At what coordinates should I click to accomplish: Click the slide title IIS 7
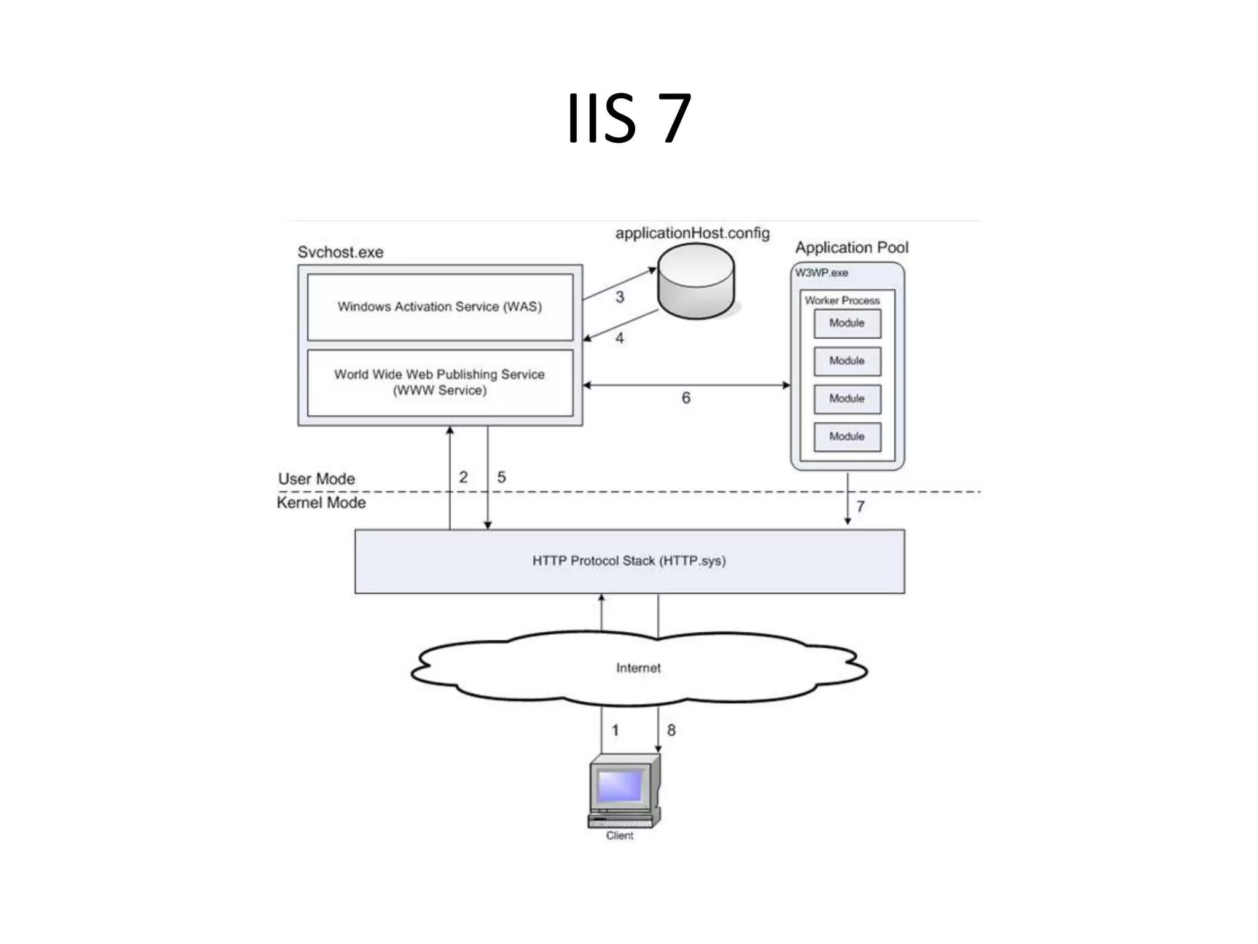pos(628,118)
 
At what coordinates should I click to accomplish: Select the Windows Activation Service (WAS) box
pos(440,307)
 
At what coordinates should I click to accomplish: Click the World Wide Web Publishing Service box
pos(440,382)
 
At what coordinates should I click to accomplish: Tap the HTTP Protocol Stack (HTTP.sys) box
pos(629,561)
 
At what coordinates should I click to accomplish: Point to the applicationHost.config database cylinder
pos(696,281)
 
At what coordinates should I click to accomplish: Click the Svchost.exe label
pos(340,252)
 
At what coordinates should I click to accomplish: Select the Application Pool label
pos(851,247)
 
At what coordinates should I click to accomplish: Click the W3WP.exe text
pos(821,272)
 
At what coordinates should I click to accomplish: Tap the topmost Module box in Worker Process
pos(847,323)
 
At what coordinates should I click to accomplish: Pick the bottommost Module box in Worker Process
pos(847,436)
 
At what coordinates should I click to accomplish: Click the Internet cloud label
pos(638,668)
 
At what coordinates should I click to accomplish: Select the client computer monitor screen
pos(620,786)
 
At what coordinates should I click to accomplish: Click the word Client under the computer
pos(619,836)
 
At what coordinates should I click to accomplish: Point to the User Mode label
pos(316,479)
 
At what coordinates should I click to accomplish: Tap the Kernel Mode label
pos(321,503)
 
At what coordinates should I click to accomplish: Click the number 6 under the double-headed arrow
pos(686,398)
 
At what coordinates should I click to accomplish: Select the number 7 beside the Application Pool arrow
pos(861,506)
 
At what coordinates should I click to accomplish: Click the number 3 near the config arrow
pos(620,297)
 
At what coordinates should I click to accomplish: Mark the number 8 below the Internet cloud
pos(671,730)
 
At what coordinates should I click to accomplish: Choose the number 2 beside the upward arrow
pos(463,478)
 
